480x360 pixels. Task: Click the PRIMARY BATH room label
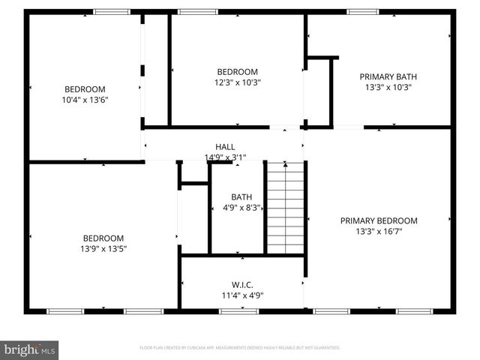pos(388,76)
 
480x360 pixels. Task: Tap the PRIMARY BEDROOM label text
pos(379,220)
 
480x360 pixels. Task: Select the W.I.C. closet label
pos(242,284)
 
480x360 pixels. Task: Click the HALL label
pos(225,147)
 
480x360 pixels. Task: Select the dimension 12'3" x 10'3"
pos(238,82)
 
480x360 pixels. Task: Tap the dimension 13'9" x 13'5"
pos(103,249)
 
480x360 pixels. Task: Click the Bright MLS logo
pos(30,349)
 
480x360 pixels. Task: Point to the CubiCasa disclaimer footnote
pos(240,348)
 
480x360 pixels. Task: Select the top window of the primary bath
pos(363,11)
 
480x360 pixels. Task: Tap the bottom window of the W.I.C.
pos(239,310)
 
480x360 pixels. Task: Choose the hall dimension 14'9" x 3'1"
pos(225,157)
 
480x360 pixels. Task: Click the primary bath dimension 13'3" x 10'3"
pos(388,87)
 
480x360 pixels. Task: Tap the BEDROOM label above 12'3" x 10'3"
pos(238,72)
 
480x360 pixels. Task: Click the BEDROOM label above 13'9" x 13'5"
pos(103,238)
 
